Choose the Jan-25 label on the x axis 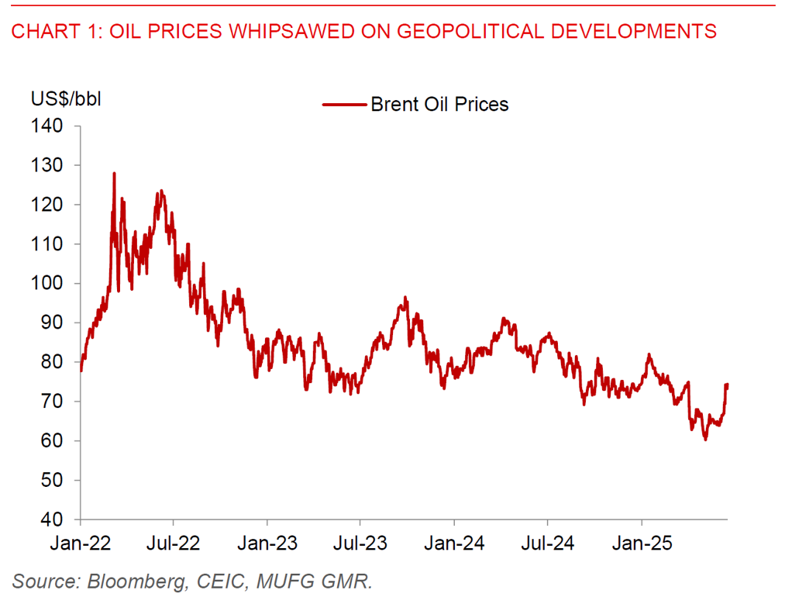pos(641,544)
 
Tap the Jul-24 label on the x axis pos(547,544)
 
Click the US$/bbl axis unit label pos(66,99)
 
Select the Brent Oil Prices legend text pos(439,104)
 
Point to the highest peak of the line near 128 pos(114,173)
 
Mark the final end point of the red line pos(728,385)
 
